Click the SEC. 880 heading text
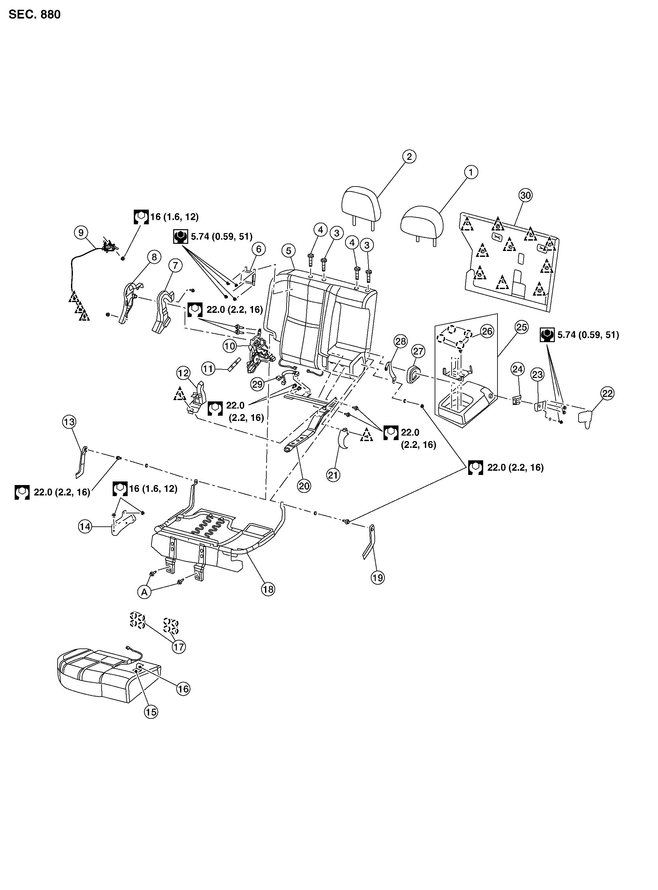click(35, 15)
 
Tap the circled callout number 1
click(471, 173)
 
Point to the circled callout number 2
click(409, 157)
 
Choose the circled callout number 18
click(268, 589)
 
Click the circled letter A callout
click(144, 592)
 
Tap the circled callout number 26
click(487, 331)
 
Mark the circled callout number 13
click(69, 422)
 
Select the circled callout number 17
click(179, 647)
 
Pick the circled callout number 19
click(378, 577)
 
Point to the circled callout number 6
click(259, 249)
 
